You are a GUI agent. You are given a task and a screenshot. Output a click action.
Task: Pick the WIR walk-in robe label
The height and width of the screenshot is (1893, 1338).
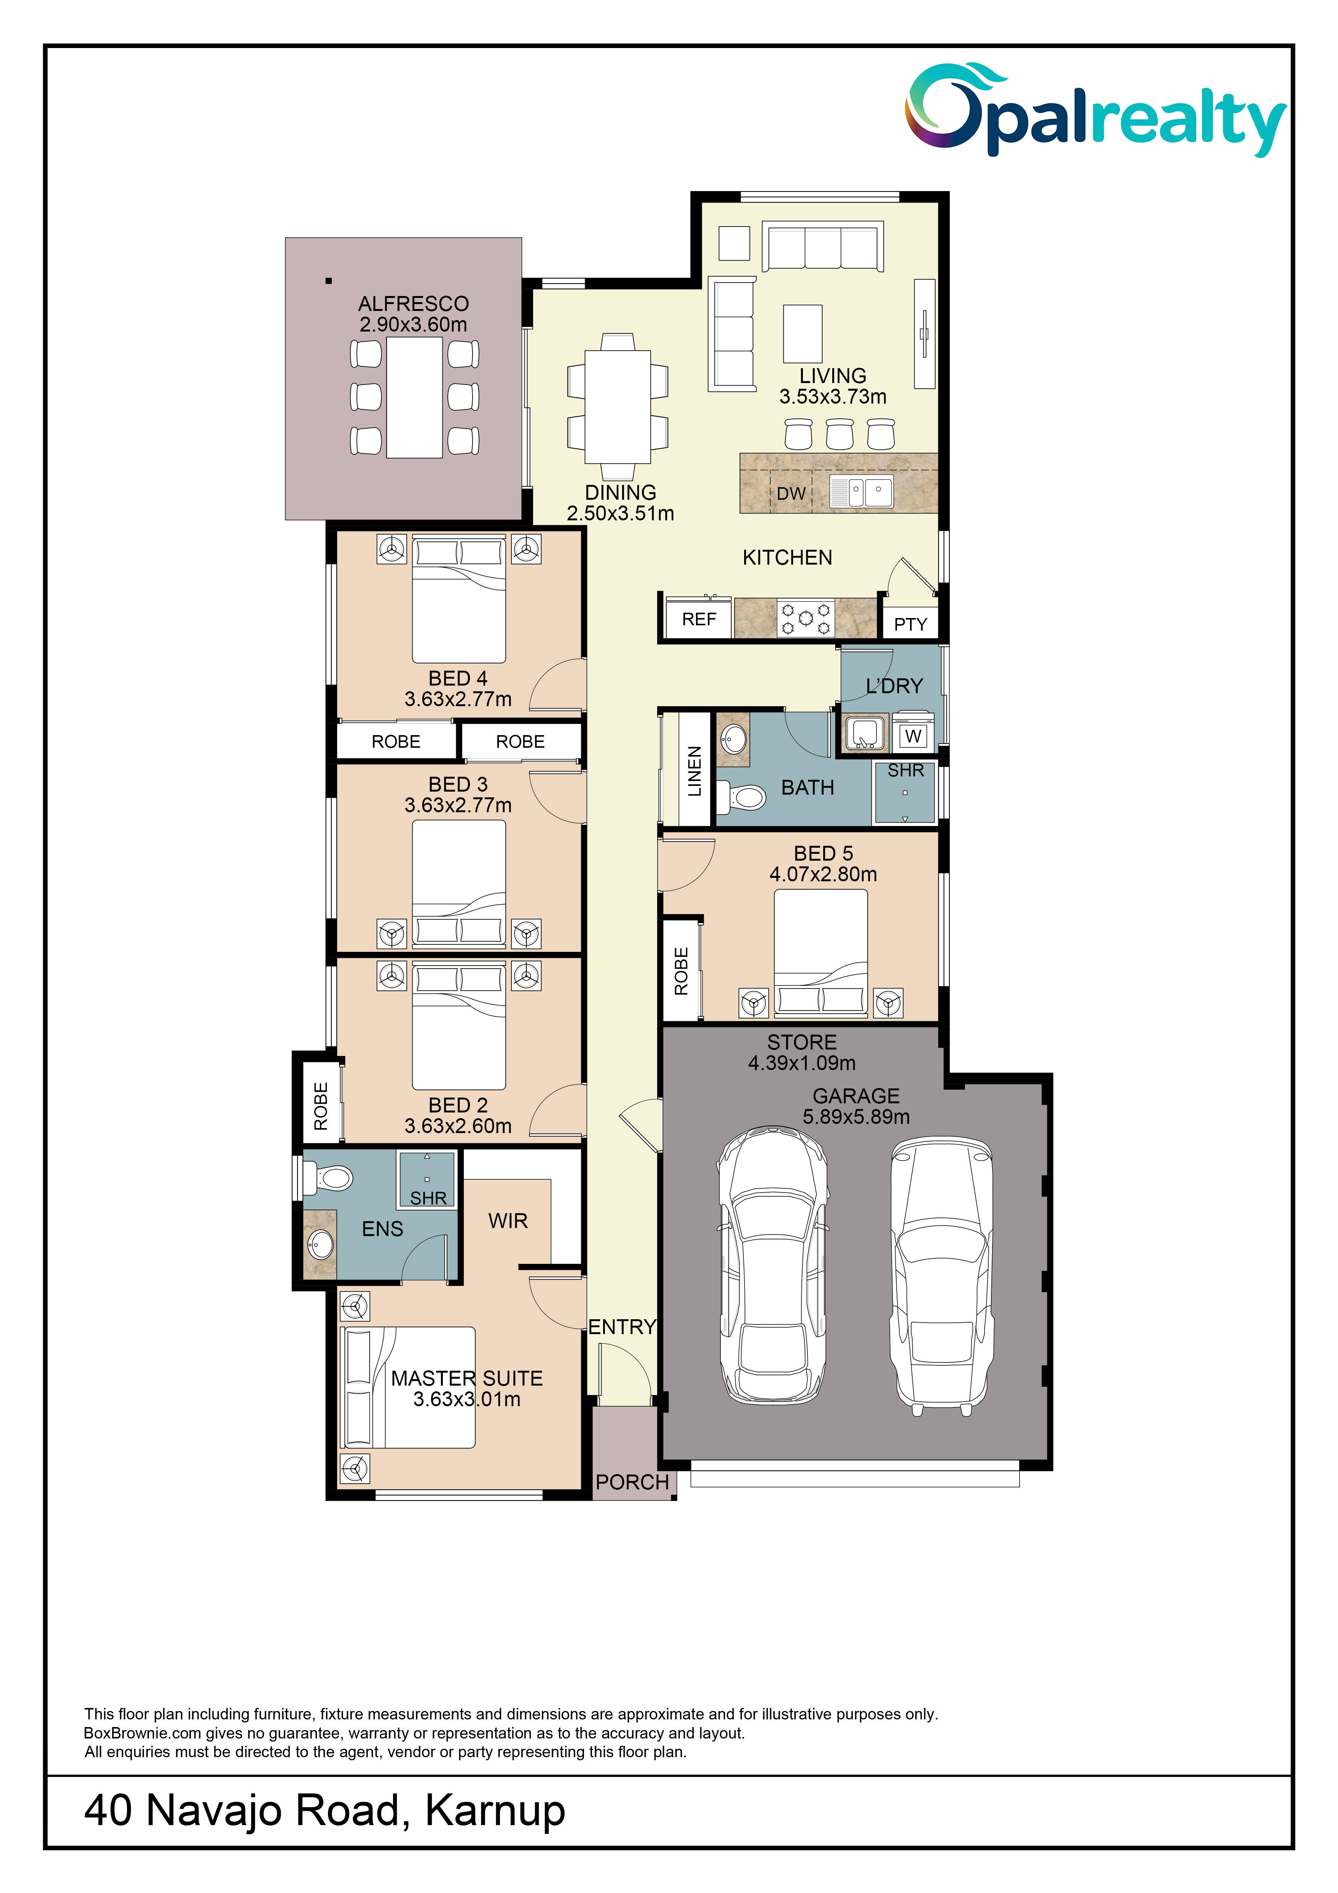point(508,1221)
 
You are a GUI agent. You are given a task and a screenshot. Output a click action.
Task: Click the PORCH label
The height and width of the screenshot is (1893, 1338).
point(632,1483)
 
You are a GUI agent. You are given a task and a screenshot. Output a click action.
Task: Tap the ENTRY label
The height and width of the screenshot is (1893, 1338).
point(622,1326)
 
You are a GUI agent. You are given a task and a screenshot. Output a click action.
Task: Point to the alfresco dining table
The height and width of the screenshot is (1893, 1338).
point(415,398)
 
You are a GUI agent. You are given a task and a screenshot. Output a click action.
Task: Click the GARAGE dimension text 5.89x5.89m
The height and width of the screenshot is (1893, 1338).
point(857,1117)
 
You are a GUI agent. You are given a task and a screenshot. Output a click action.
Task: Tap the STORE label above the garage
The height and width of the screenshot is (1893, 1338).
point(802,1042)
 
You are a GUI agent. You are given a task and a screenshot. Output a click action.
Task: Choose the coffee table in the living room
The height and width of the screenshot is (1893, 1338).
point(802,334)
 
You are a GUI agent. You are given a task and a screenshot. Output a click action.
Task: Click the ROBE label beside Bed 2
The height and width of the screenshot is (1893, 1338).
point(321,1106)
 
